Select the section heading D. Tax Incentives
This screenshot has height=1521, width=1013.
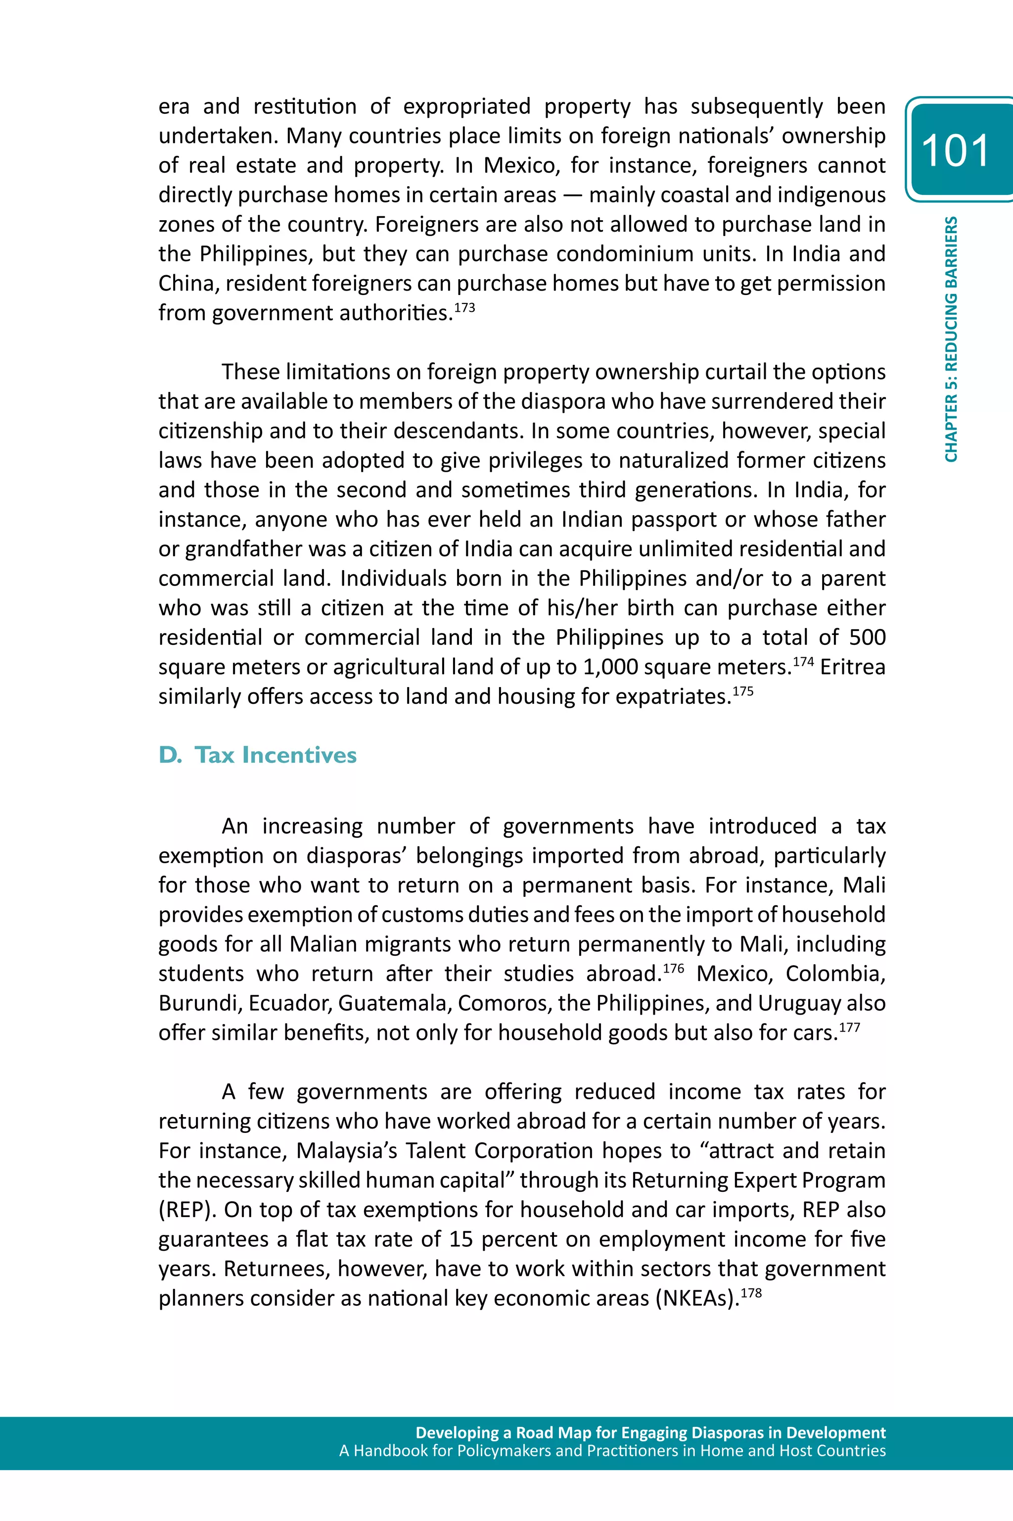click(257, 754)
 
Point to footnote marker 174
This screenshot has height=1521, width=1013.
click(803, 661)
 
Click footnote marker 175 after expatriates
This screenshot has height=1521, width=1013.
click(743, 691)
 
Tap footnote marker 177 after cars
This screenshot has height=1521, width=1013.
click(850, 1027)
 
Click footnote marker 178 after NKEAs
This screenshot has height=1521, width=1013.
click(751, 1292)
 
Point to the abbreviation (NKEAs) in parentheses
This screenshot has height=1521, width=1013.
click(696, 1298)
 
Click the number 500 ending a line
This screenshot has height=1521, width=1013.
click(867, 638)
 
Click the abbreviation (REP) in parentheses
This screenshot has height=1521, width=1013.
click(185, 1210)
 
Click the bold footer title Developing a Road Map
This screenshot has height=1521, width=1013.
click(650, 1432)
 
